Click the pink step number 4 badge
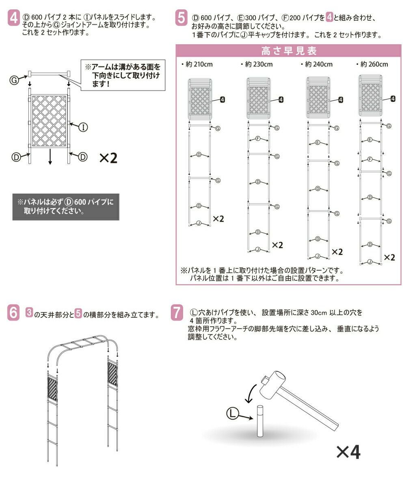(x=13, y=18)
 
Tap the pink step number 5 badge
(x=181, y=18)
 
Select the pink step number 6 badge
(x=13, y=313)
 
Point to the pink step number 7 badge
(x=177, y=313)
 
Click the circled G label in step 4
(x=14, y=80)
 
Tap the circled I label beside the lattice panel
(x=83, y=127)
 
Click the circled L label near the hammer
(x=232, y=414)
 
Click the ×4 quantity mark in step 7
(x=348, y=452)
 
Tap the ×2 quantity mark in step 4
(x=108, y=158)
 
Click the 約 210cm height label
(x=197, y=64)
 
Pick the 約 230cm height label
(x=257, y=64)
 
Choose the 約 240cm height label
(x=317, y=64)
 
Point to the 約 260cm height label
(x=372, y=64)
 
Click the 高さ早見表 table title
(x=289, y=51)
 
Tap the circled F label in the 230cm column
(x=258, y=138)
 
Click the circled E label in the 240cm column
(x=317, y=142)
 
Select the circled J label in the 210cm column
(x=199, y=223)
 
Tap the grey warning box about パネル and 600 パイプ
(x=66, y=207)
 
